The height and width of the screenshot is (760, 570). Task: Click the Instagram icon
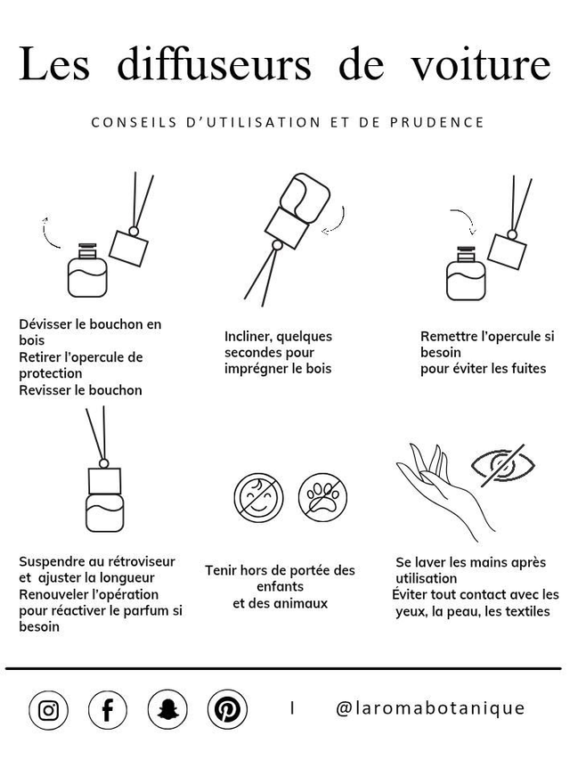pos(48,710)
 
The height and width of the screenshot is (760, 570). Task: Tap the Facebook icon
pos(108,710)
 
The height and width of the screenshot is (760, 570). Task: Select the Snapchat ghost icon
pos(167,710)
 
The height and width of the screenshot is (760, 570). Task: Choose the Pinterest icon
pos(227,710)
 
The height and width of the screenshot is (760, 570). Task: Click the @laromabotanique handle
pos(430,708)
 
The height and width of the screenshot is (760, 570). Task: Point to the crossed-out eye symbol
pos(503,465)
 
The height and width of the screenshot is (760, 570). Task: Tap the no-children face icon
pos(257,497)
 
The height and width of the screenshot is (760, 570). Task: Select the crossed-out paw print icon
pos(322,497)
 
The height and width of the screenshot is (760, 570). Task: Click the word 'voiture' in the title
pos(481,66)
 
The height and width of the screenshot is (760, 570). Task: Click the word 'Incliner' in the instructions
pos(248,336)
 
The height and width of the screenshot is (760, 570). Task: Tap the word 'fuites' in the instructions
pos(526,368)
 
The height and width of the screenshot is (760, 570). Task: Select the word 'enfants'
pos(280,586)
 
